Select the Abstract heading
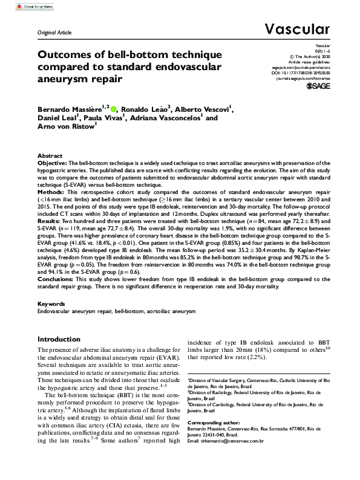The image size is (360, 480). coord(49,155)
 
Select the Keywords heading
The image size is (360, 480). coord(51,303)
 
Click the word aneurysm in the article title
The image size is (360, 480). coord(62,79)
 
